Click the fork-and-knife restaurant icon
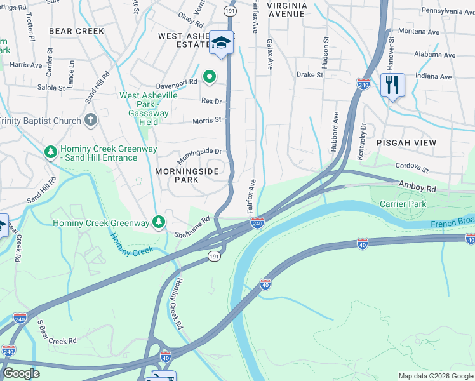tap(392, 84)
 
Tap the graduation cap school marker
tap(222, 43)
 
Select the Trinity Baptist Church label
tap(40, 121)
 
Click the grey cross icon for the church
tap(91, 119)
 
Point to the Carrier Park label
tap(403, 204)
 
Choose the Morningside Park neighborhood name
tap(187, 176)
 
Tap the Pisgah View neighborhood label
tap(406, 143)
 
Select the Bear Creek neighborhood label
tap(76, 31)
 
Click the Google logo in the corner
tap(21, 373)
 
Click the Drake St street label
tap(310, 74)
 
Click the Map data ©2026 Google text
tap(435, 376)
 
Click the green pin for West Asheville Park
tap(209, 78)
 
